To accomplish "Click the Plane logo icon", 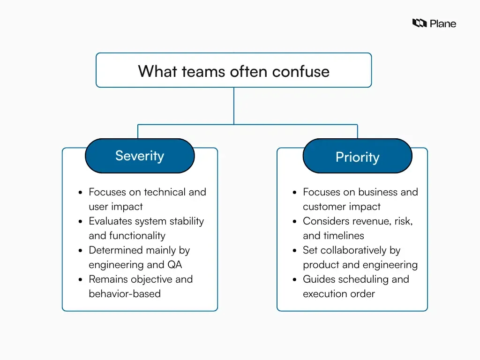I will coord(419,23).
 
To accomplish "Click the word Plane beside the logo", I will coord(443,23).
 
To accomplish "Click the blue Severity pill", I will coord(140,156).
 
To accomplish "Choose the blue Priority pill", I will coord(357,157).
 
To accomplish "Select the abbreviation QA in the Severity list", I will coord(174,265).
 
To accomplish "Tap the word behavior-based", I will coord(125,294).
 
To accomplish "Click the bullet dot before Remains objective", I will coord(81,280).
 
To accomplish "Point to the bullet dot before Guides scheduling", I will coord(294,280).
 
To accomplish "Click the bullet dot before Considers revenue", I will coord(294,222).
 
